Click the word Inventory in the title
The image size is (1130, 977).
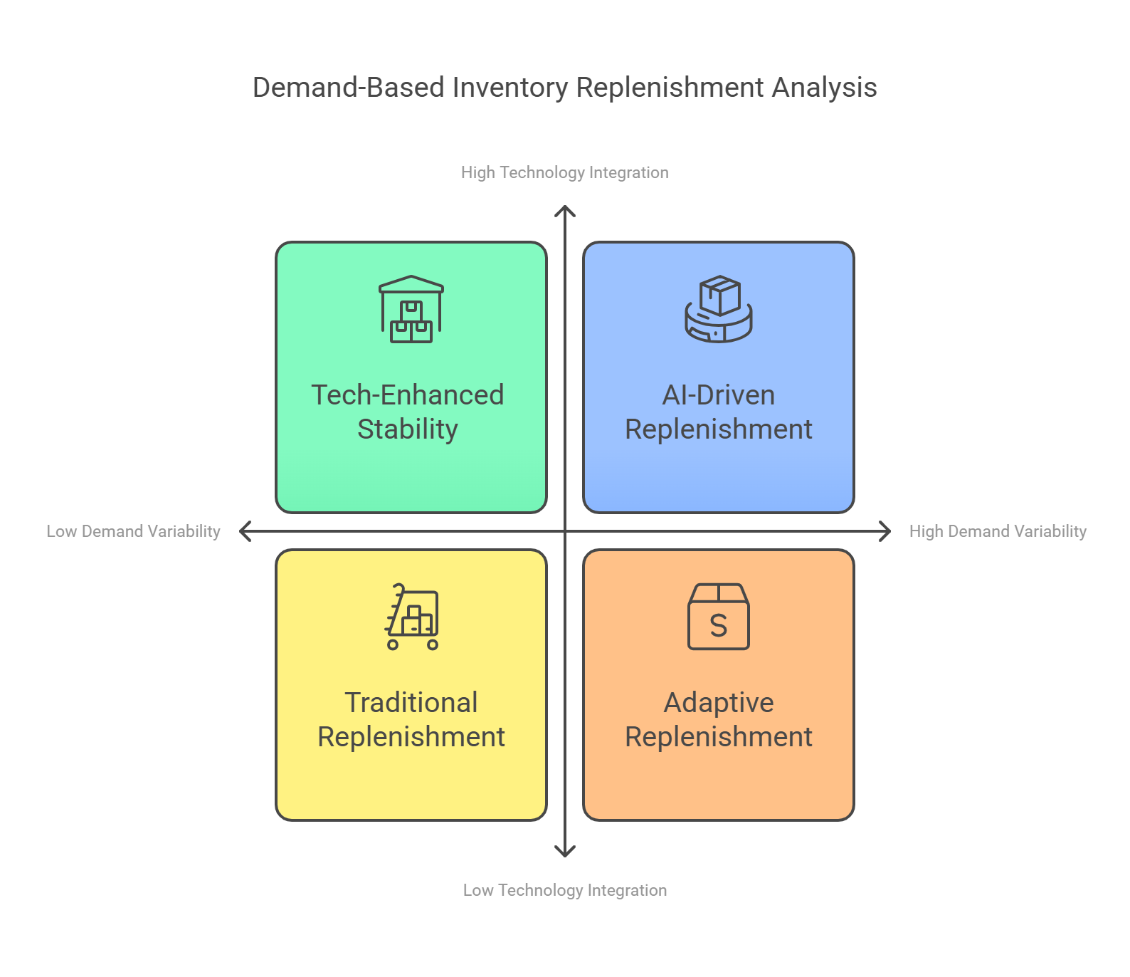point(509,88)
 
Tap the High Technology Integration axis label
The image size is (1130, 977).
point(564,172)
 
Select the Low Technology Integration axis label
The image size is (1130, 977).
point(564,890)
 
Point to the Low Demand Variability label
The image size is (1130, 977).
point(133,531)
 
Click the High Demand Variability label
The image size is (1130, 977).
point(997,531)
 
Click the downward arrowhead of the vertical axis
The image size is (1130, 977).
point(565,852)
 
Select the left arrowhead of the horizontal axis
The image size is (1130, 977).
point(243,531)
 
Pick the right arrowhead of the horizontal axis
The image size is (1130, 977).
point(887,531)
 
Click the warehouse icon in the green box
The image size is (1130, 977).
point(411,309)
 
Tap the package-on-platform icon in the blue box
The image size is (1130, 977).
point(719,309)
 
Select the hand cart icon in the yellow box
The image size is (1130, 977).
point(412,617)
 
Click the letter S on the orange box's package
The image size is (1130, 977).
point(719,626)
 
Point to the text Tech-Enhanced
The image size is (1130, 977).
point(407,395)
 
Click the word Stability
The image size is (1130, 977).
point(407,429)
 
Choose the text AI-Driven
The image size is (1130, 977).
point(718,395)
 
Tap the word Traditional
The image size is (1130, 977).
point(411,703)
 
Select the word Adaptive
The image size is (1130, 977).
point(718,703)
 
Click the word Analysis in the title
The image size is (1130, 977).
point(824,88)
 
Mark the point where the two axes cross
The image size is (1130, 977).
point(565,531)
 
